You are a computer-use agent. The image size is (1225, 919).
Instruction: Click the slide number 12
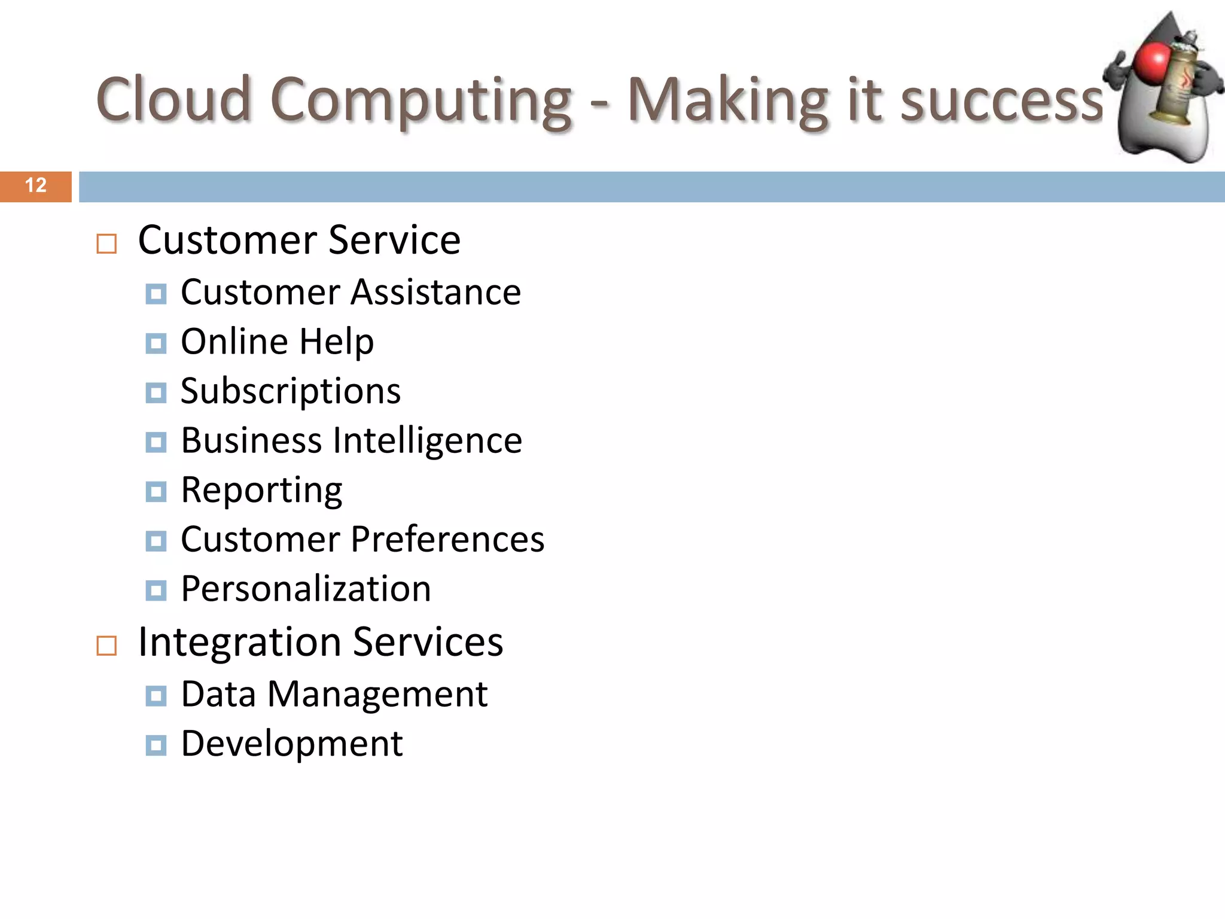pos(36,185)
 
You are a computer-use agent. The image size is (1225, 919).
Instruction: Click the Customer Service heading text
pos(299,240)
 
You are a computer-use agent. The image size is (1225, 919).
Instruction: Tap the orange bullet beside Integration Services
pos(106,646)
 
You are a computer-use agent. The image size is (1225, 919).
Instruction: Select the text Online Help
pos(277,342)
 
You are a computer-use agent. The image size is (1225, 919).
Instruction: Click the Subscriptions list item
pos(291,391)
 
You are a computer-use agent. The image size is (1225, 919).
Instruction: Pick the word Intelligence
pos(427,441)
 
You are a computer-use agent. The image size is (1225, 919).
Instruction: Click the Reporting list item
pos(261,491)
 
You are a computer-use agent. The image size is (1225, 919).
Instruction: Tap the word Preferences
pos(447,540)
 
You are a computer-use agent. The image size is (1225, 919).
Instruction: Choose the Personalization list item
pos(306,589)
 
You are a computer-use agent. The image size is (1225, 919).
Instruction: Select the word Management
pos(377,695)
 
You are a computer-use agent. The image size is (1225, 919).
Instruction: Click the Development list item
pos(292,744)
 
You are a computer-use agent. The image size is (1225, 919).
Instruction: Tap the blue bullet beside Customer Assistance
pos(156,294)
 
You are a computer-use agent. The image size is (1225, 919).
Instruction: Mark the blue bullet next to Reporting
pos(156,492)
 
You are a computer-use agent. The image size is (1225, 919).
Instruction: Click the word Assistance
pos(435,293)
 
